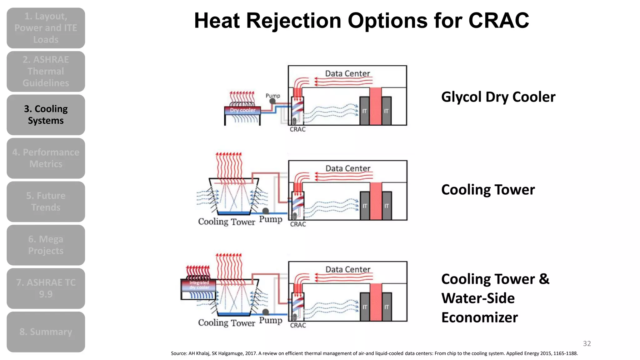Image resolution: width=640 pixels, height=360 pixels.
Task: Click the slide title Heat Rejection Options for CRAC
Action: [x=361, y=21]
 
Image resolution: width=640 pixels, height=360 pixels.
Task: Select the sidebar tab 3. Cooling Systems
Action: [x=46, y=115]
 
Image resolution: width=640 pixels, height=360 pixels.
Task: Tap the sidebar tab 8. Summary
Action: [x=46, y=332]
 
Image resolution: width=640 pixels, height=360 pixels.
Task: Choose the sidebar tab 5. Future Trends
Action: [x=46, y=202]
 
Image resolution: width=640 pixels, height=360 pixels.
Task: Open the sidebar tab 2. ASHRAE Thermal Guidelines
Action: [x=46, y=71]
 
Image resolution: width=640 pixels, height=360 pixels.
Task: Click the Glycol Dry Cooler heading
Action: [x=498, y=97]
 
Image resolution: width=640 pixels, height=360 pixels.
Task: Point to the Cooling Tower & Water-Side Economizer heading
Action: [x=495, y=298]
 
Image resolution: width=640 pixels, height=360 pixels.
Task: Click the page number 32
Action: [x=587, y=343]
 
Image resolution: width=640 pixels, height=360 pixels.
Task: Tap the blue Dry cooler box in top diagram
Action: [x=242, y=110]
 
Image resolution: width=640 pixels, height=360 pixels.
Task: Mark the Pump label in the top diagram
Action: [x=273, y=96]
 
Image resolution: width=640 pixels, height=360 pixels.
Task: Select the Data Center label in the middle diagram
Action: [x=348, y=168]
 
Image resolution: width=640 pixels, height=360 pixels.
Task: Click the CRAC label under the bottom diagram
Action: [x=298, y=325]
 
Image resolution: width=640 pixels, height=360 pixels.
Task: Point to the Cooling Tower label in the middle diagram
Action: [x=227, y=222]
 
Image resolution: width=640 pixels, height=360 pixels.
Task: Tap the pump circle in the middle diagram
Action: [x=266, y=211]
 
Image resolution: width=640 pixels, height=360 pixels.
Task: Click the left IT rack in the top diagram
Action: [x=364, y=111]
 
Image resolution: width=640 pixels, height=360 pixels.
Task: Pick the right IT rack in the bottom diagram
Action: [x=387, y=307]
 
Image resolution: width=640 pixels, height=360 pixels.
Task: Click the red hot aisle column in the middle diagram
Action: [x=376, y=201]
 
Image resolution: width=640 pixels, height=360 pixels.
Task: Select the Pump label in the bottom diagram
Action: [x=271, y=320]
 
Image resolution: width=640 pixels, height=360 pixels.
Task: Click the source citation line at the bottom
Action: [x=374, y=353]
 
